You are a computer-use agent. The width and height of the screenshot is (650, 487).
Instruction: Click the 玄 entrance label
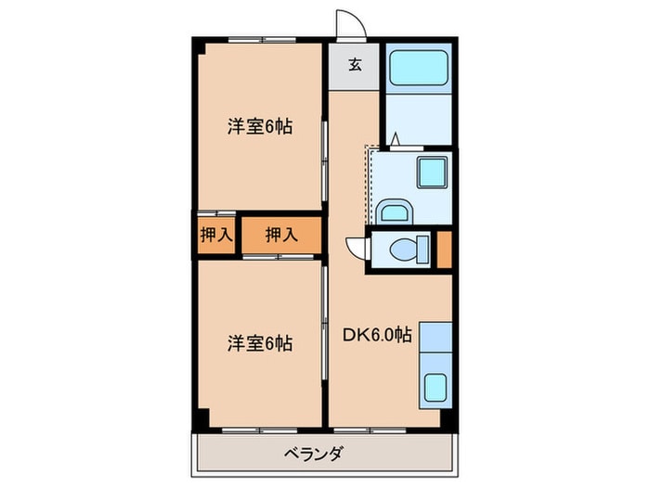tap(354, 65)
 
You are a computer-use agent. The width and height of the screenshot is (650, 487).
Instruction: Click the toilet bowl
tap(408, 249)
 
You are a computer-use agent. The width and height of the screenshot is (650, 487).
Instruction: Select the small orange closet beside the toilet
tap(444, 249)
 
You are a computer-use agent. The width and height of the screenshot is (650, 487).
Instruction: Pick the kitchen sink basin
tap(433, 387)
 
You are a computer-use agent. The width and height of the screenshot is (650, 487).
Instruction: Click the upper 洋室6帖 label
tap(260, 127)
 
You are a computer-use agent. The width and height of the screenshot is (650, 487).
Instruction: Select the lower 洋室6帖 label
tap(260, 343)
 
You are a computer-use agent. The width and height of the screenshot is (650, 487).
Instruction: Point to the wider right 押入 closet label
tap(280, 236)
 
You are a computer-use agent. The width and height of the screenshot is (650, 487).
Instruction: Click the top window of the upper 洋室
tap(261, 39)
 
